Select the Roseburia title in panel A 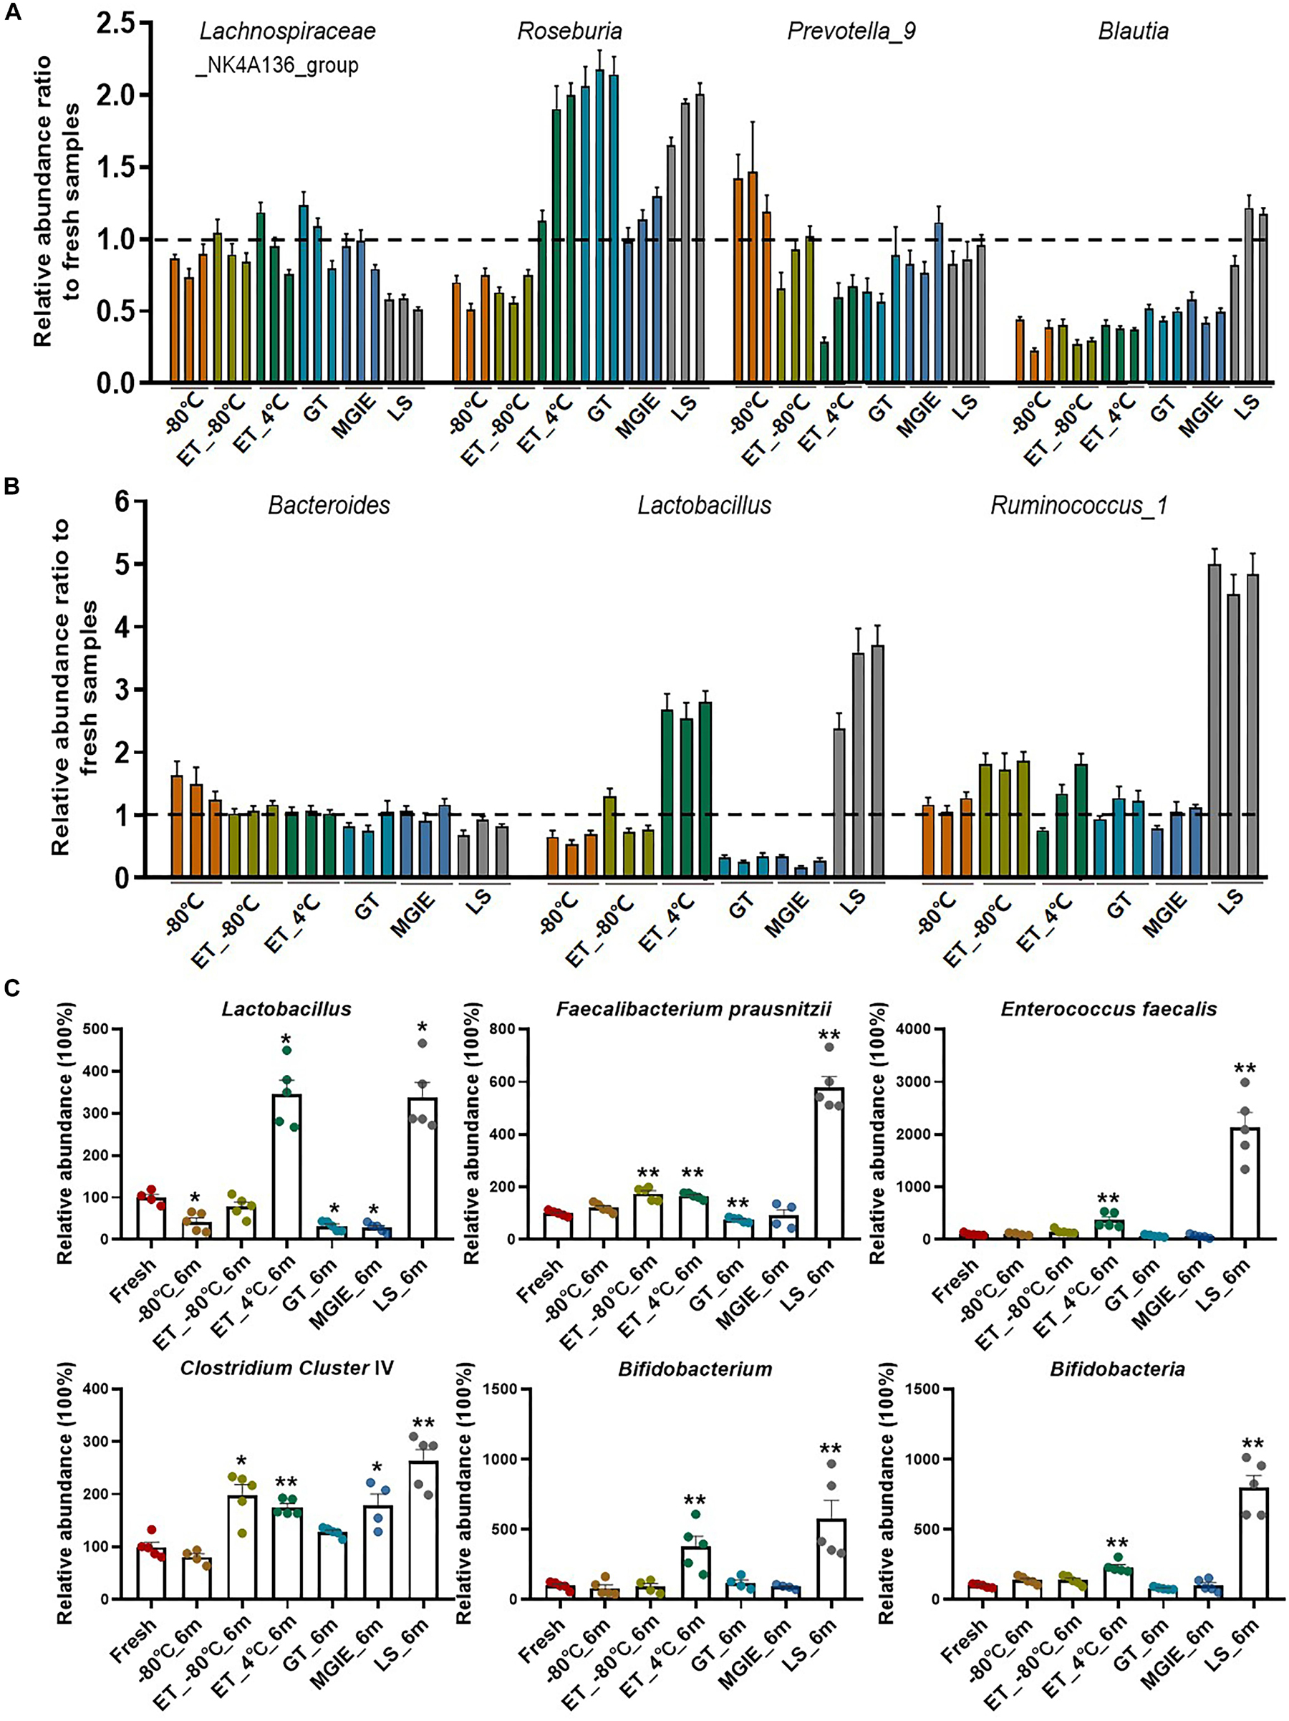569,31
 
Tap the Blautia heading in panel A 1134,31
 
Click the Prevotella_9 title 851,31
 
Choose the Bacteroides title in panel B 329,506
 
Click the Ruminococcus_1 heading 1079,506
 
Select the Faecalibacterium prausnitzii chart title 694,1009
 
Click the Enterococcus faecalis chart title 1109,1009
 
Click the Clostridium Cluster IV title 287,1369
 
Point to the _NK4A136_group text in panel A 276,65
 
